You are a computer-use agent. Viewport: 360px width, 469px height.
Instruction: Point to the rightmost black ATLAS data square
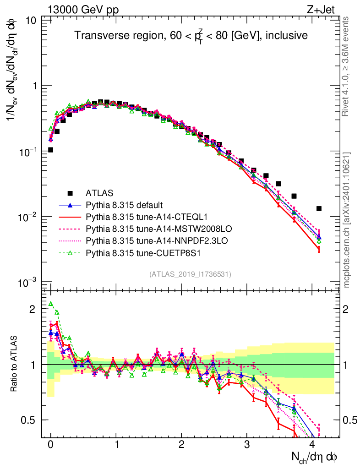[x=319, y=208]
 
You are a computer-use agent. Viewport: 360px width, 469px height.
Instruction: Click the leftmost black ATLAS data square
[x=50, y=150]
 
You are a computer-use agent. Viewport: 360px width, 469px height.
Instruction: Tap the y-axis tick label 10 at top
[x=32, y=21]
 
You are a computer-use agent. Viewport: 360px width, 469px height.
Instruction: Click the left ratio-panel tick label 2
[x=33, y=309]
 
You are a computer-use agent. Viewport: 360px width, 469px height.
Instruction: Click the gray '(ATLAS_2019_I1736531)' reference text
[x=190, y=274]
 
